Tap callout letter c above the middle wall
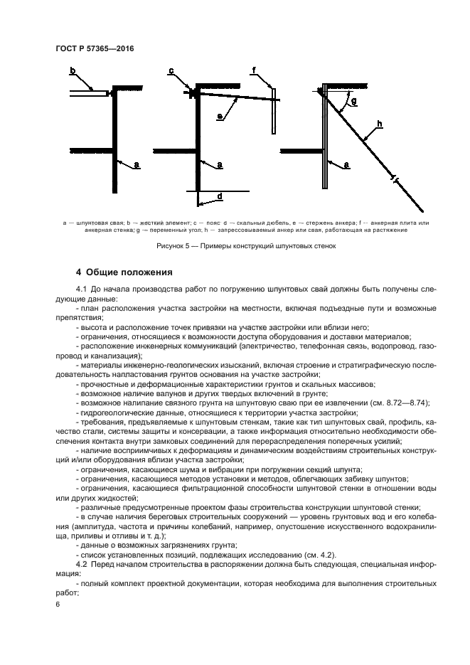(x=171, y=70)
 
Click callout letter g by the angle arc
(x=353, y=102)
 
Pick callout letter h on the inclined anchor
(x=380, y=125)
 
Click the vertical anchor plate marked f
(x=272, y=110)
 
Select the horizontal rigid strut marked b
(x=88, y=93)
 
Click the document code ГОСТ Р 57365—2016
(x=94, y=48)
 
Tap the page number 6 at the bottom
(x=58, y=603)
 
